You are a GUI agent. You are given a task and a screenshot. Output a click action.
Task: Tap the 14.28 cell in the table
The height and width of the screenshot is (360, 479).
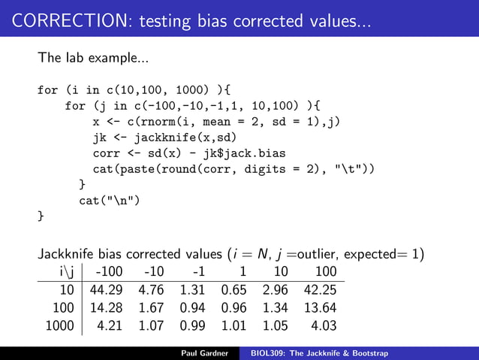pyautogui.click(x=107, y=308)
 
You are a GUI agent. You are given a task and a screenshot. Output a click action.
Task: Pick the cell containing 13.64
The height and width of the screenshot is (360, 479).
pyautogui.click(x=319, y=308)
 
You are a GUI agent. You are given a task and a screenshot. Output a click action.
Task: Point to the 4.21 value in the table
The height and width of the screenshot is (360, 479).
pyautogui.click(x=111, y=326)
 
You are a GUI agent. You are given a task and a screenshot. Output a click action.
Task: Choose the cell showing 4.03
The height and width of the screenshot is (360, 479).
pyautogui.click(x=323, y=326)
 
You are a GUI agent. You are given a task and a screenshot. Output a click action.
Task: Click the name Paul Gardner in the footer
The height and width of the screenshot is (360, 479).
pyautogui.click(x=206, y=352)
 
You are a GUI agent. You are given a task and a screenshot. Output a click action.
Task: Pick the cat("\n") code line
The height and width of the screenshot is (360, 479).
pyautogui.click(x=110, y=201)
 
